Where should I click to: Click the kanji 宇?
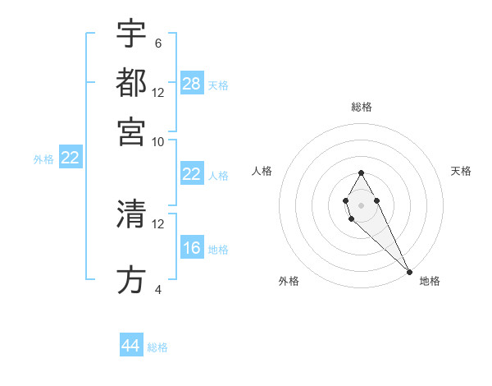pyautogui.click(x=131, y=34)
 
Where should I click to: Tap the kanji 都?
pyautogui.click(x=131, y=82)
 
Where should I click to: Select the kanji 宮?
pyautogui.click(x=131, y=131)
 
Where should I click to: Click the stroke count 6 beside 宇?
pyautogui.click(x=157, y=43)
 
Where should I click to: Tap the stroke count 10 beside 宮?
pyautogui.click(x=158, y=141)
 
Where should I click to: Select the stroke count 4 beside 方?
pyautogui.click(x=157, y=290)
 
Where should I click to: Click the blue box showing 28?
pyautogui.click(x=192, y=83)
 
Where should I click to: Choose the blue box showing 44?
pyautogui.click(x=131, y=346)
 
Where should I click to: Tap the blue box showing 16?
pyautogui.click(x=192, y=248)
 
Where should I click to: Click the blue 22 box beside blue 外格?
pyautogui.click(x=70, y=159)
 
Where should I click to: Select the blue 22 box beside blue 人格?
pyautogui.click(x=192, y=174)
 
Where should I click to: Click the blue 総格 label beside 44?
pyautogui.click(x=157, y=347)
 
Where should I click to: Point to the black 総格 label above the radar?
pyautogui.click(x=362, y=107)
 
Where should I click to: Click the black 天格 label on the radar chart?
pyautogui.click(x=462, y=171)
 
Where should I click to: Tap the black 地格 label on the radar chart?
pyautogui.click(x=430, y=281)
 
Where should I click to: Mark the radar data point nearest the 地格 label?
pyautogui.click(x=409, y=272)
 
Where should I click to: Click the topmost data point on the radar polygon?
pyautogui.click(x=361, y=172)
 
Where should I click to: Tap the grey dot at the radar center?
pyautogui.click(x=361, y=204)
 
